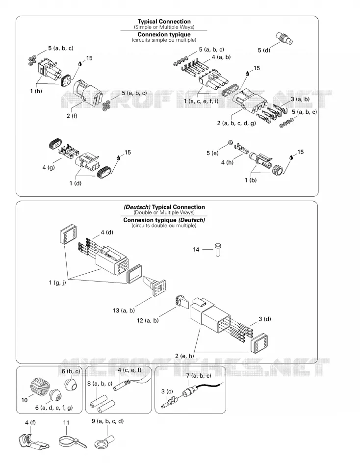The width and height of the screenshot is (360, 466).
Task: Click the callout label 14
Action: click(x=196, y=249)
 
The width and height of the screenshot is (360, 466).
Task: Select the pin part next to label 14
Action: click(x=218, y=249)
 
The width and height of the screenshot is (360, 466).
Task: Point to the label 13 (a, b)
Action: click(x=124, y=311)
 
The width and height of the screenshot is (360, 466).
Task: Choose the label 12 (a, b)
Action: click(x=148, y=320)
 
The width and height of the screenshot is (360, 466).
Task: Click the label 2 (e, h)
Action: click(x=184, y=356)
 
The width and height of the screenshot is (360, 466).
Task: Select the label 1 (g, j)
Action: click(x=57, y=283)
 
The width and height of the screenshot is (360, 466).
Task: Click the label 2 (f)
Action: click(x=72, y=116)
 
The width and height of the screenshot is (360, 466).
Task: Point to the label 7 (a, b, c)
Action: click(x=199, y=376)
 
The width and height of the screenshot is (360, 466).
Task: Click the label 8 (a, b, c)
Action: click(x=100, y=384)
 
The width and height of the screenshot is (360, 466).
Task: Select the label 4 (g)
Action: click(x=49, y=167)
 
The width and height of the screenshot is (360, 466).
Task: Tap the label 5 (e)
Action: click(x=212, y=153)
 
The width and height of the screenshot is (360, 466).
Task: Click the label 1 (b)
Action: click(x=251, y=180)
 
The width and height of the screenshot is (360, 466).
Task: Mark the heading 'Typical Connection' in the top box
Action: click(x=164, y=22)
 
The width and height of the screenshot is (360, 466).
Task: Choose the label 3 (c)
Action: click(x=167, y=391)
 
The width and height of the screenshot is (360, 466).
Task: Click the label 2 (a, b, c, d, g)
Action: click(x=236, y=123)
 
